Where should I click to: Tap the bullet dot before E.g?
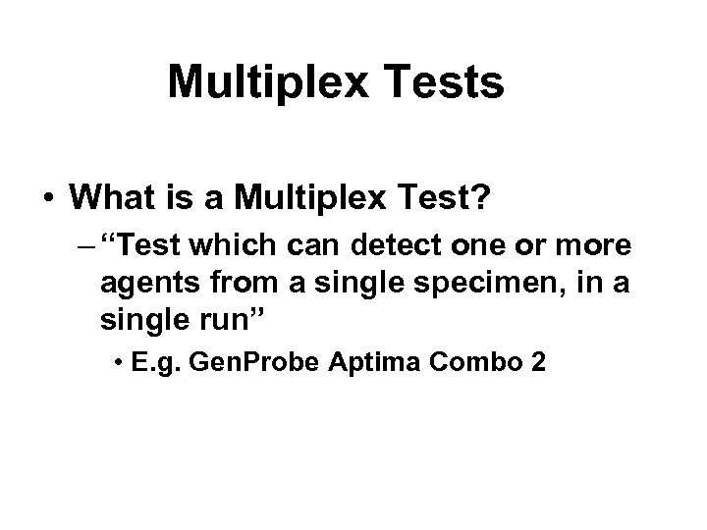pyautogui.click(x=119, y=364)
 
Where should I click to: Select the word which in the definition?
pyautogui.click(x=230, y=243)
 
